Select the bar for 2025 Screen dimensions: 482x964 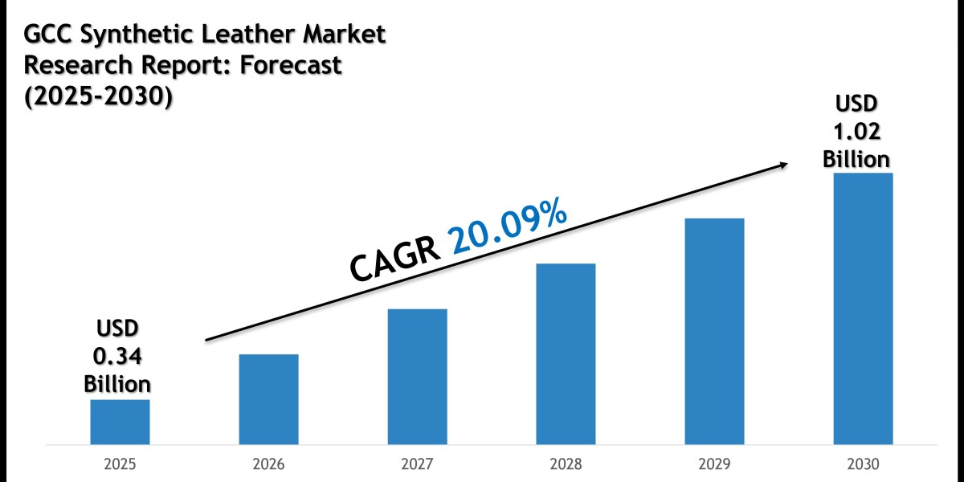(120, 422)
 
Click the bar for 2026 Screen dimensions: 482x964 (268, 399)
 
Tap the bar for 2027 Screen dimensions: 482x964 (417, 376)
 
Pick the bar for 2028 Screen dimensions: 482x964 (566, 353)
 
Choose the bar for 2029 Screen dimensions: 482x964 (714, 331)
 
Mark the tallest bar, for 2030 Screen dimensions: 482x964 (863, 308)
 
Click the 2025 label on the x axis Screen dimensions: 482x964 (120, 464)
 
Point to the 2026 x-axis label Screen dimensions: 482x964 (268, 464)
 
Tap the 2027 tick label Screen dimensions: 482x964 (417, 464)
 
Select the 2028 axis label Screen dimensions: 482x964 (566, 464)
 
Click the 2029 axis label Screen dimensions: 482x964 (714, 464)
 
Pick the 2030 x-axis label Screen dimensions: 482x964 (863, 464)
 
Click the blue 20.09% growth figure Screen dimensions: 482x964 (508, 229)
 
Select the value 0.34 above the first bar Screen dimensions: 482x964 (118, 355)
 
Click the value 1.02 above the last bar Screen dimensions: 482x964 (856, 132)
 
